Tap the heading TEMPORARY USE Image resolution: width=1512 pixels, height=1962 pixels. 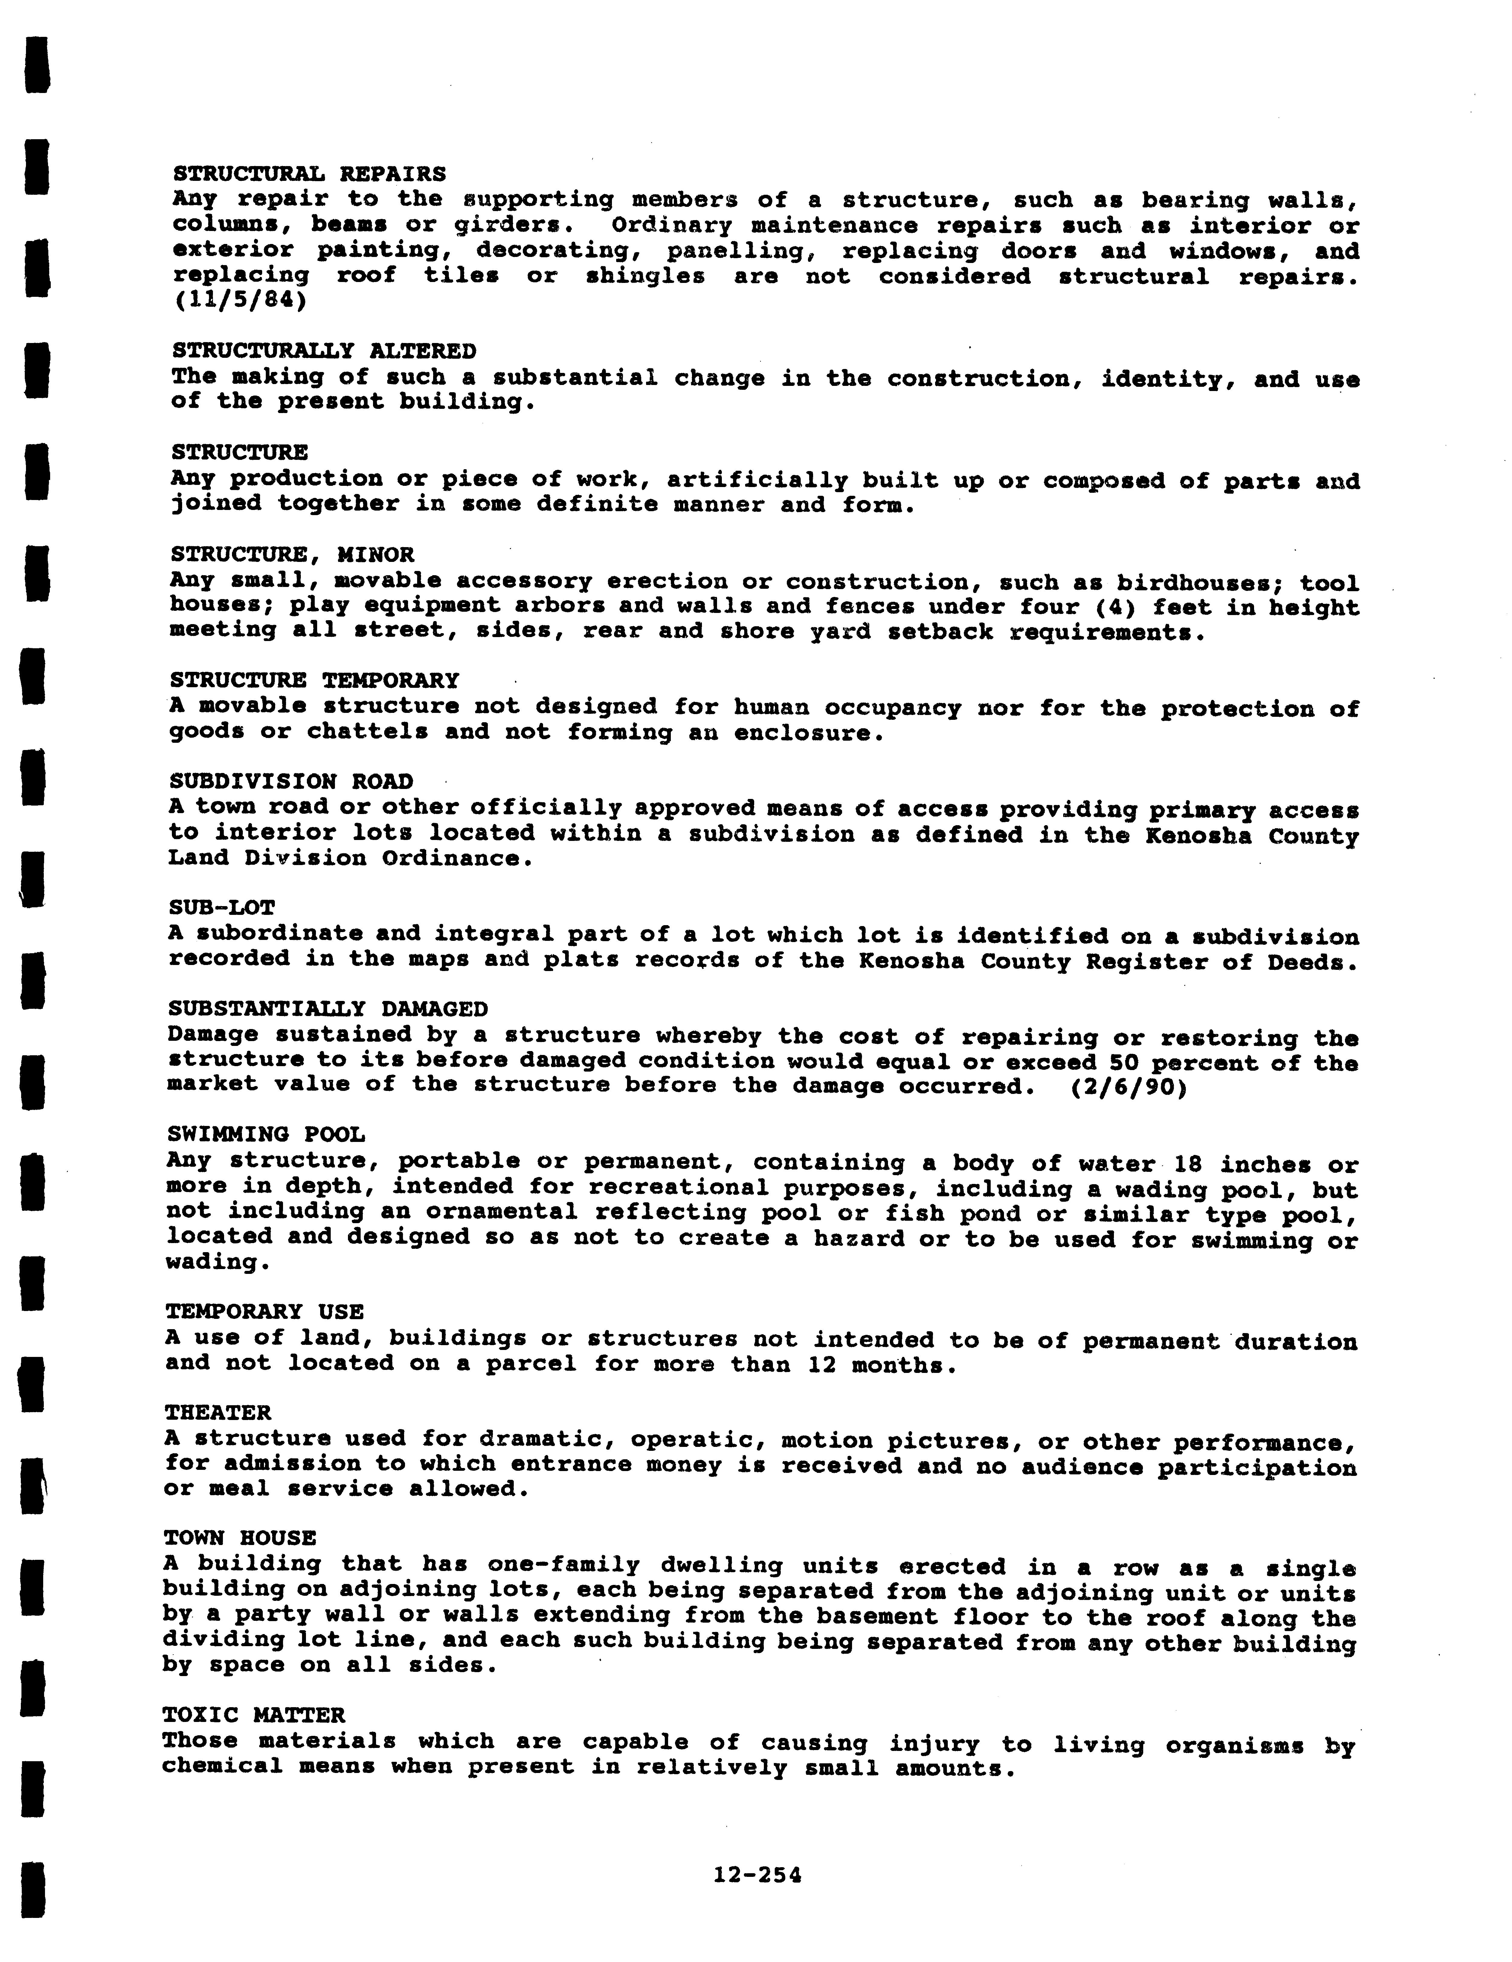pyautogui.click(x=264, y=1312)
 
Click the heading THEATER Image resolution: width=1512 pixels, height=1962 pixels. pyautogui.click(x=217, y=1412)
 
